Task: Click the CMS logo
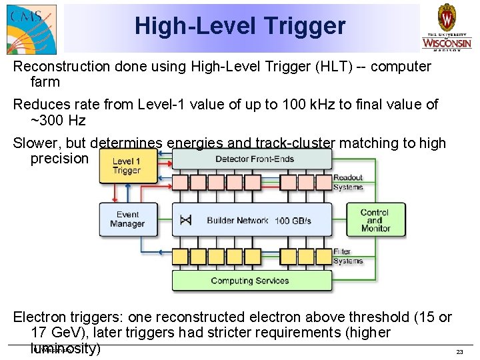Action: (x=30, y=27)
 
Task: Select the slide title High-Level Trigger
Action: (x=240, y=26)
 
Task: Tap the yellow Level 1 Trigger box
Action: (x=126, y=166)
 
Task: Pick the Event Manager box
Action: (x=127, y=219)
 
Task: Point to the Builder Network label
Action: (x=237, y=221)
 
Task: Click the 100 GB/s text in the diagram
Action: (x=293, y=221)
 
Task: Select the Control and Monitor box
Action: (x=375, y=220)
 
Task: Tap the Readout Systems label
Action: (x=348, y=182)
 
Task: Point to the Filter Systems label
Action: (x=347, y=256)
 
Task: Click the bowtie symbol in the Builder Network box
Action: (x=185, y=221)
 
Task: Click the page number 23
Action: (x=459, y=351)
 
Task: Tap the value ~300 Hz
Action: (x=58, y=121)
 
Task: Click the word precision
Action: (x=59, y=159)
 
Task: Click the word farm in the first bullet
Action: (x=45, y=83)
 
